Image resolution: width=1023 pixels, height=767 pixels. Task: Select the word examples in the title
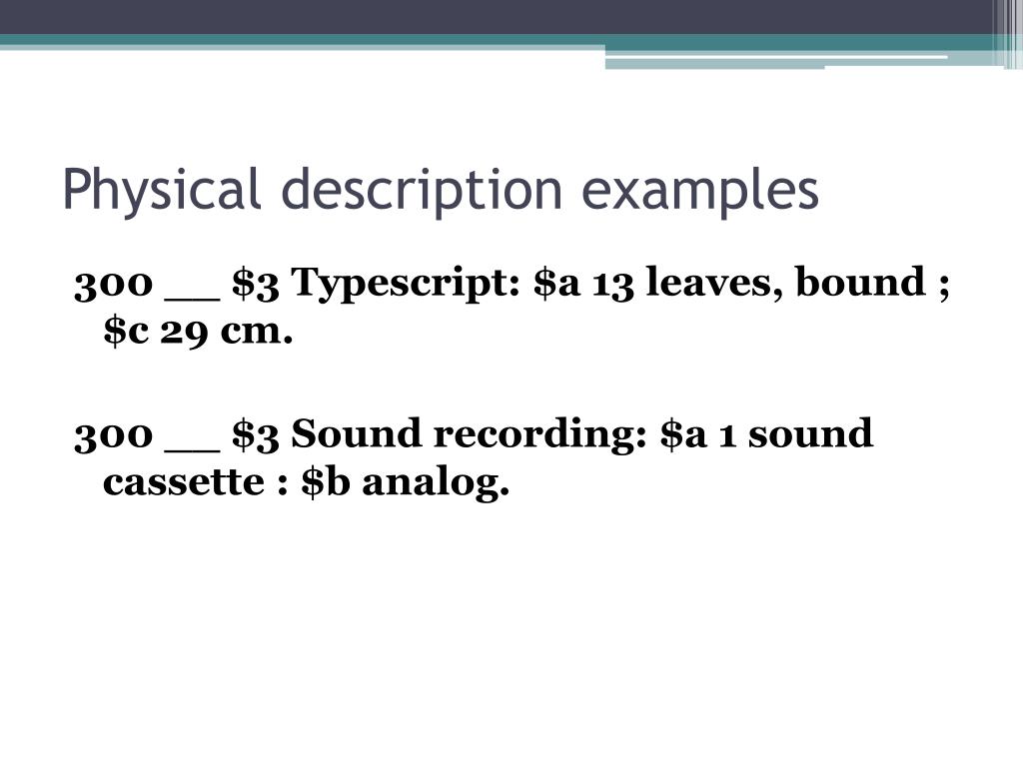700,190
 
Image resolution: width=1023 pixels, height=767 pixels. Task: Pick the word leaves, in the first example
713,284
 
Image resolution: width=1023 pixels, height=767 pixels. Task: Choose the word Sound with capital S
346,435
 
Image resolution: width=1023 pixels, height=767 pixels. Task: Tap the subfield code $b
326,484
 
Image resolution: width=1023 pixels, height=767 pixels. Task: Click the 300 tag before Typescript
112,285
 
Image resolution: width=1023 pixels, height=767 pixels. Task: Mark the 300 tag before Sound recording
112,435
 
